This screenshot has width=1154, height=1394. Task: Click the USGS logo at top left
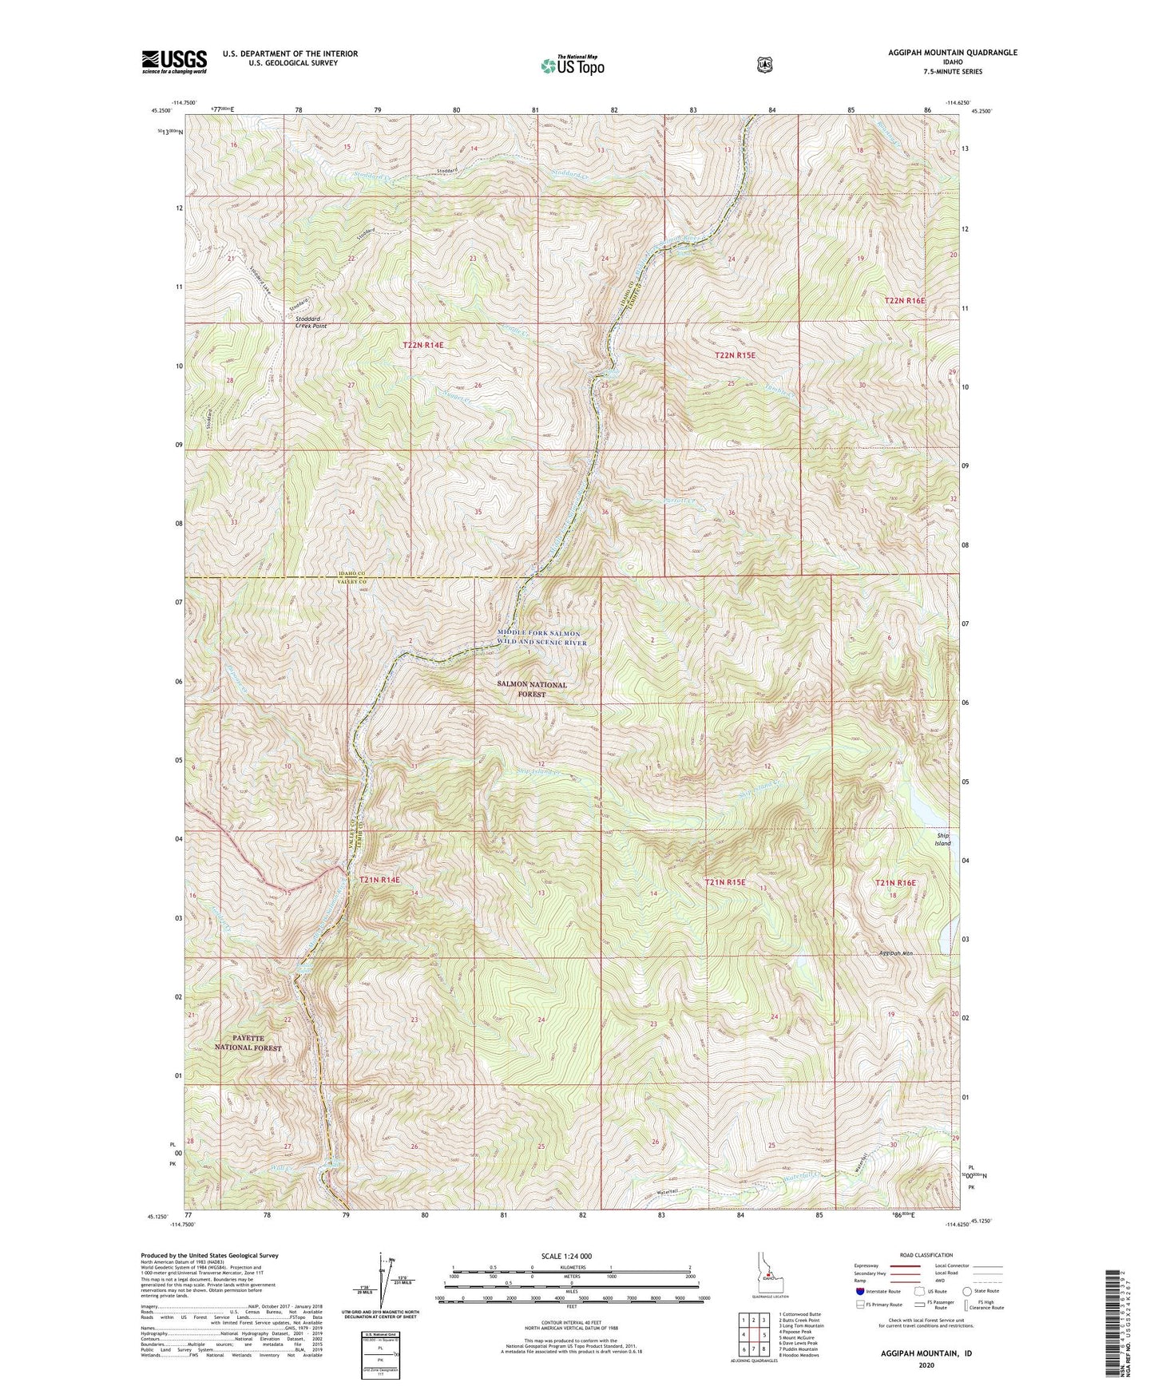(x=174, y=61)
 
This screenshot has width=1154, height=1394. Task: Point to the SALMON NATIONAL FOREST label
(x=532, y=689)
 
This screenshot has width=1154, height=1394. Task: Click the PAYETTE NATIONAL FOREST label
(x=248, y=1042)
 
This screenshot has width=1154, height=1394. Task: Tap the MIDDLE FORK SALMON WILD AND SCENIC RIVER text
(x=542, y=638)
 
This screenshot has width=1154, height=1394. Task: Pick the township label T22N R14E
(x=422, y=345)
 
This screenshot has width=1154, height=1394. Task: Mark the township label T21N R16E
(x=895, y=882)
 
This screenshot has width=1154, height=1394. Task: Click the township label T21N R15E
(x=724, y=882)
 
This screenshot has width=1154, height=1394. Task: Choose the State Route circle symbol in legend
(x=967, y=1290)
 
